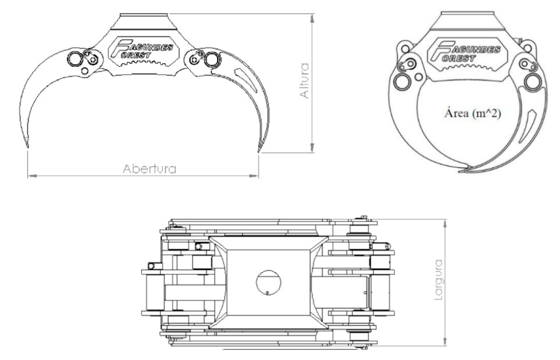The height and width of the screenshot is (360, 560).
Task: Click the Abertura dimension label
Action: pyautogui.click(x=149, y=168)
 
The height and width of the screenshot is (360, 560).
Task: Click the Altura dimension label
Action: pyautogui.click(x=304, y=81)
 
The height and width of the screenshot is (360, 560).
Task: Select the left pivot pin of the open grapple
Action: pyautogui.click(x=75, y=58)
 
